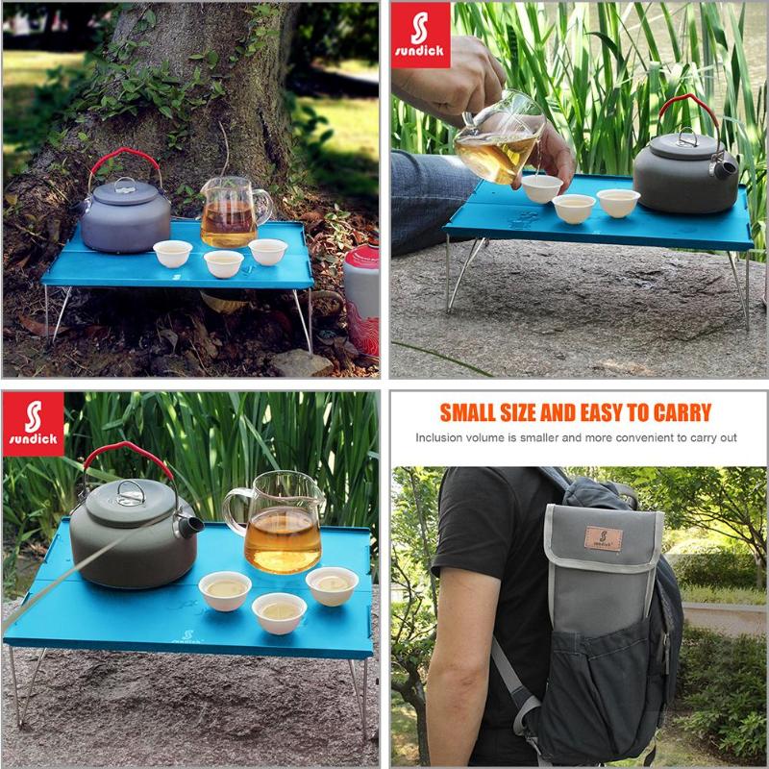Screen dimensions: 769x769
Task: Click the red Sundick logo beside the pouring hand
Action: point(420,35)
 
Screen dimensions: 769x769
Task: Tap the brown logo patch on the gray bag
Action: point(603,537)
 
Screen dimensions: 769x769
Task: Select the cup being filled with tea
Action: point(542,187)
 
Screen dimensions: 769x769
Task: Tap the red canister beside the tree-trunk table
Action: point(361,298)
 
